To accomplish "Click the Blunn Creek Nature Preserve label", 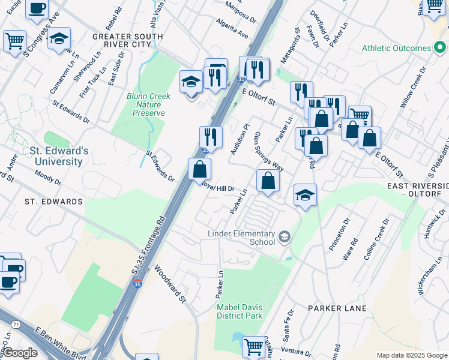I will (x=149, y=104).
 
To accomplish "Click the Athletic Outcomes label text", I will (x=397, y=48).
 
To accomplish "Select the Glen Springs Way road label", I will (x=268, y=151).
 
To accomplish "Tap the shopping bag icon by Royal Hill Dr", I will (x=199, y=169).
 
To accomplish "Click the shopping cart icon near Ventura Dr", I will (x=254, y=346).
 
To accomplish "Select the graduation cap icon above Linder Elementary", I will (x=305, y=195).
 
